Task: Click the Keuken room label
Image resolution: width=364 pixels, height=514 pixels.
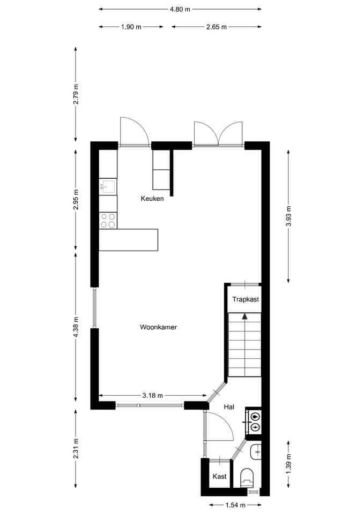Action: tap(152, 199)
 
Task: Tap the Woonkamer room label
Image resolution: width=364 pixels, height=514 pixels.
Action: tap(158, 327)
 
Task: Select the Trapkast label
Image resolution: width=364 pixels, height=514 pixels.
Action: tap(246, 299)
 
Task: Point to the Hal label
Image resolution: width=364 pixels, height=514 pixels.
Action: tap(229, 407)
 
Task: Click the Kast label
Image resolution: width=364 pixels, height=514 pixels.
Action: tap(219, 477)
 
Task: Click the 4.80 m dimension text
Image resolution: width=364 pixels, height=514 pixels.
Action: tap(180, 9)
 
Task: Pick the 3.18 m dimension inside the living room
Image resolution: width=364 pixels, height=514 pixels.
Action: tap(153, 396)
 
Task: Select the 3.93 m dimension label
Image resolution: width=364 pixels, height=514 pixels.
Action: tap(289, 216)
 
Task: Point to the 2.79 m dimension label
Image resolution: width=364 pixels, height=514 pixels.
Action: tap(76, 94)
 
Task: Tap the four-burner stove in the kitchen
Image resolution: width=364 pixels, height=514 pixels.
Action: tap(108, 221)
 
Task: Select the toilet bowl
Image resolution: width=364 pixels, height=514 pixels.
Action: tap(248, 475)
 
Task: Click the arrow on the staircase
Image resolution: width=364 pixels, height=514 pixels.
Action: tap(245, 316)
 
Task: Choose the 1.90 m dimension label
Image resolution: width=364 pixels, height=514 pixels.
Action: tap(131, 26)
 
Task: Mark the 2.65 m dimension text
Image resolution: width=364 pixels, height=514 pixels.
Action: tap(216, 26)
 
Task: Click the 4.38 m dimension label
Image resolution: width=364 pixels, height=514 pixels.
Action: tap(76, 327)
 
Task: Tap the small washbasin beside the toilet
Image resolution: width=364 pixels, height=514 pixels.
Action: tap(257, 450)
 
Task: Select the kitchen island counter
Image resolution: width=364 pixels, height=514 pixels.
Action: tap(129, 240)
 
